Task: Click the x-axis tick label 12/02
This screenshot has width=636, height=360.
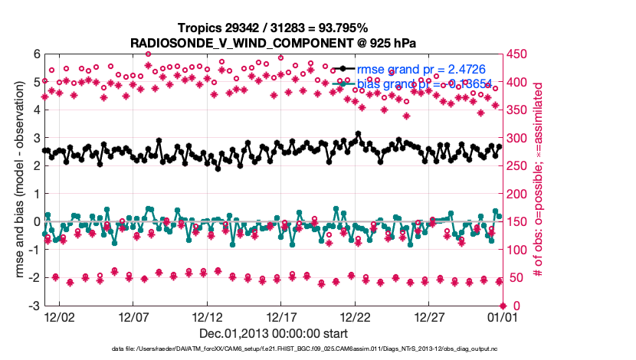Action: click(x=59, y=316)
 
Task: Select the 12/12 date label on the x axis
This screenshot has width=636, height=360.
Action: click(x=208, y=316)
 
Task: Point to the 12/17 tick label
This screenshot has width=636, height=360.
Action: click(x=281, y=316)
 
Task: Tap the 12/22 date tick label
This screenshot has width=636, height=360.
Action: click(x=356, y=316)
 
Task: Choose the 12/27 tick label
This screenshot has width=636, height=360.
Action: click(x=430, y=316)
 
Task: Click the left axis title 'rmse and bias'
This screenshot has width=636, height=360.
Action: click(x=17, y=180)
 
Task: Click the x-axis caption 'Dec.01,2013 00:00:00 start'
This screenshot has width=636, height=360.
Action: click(x=274, y=333)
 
